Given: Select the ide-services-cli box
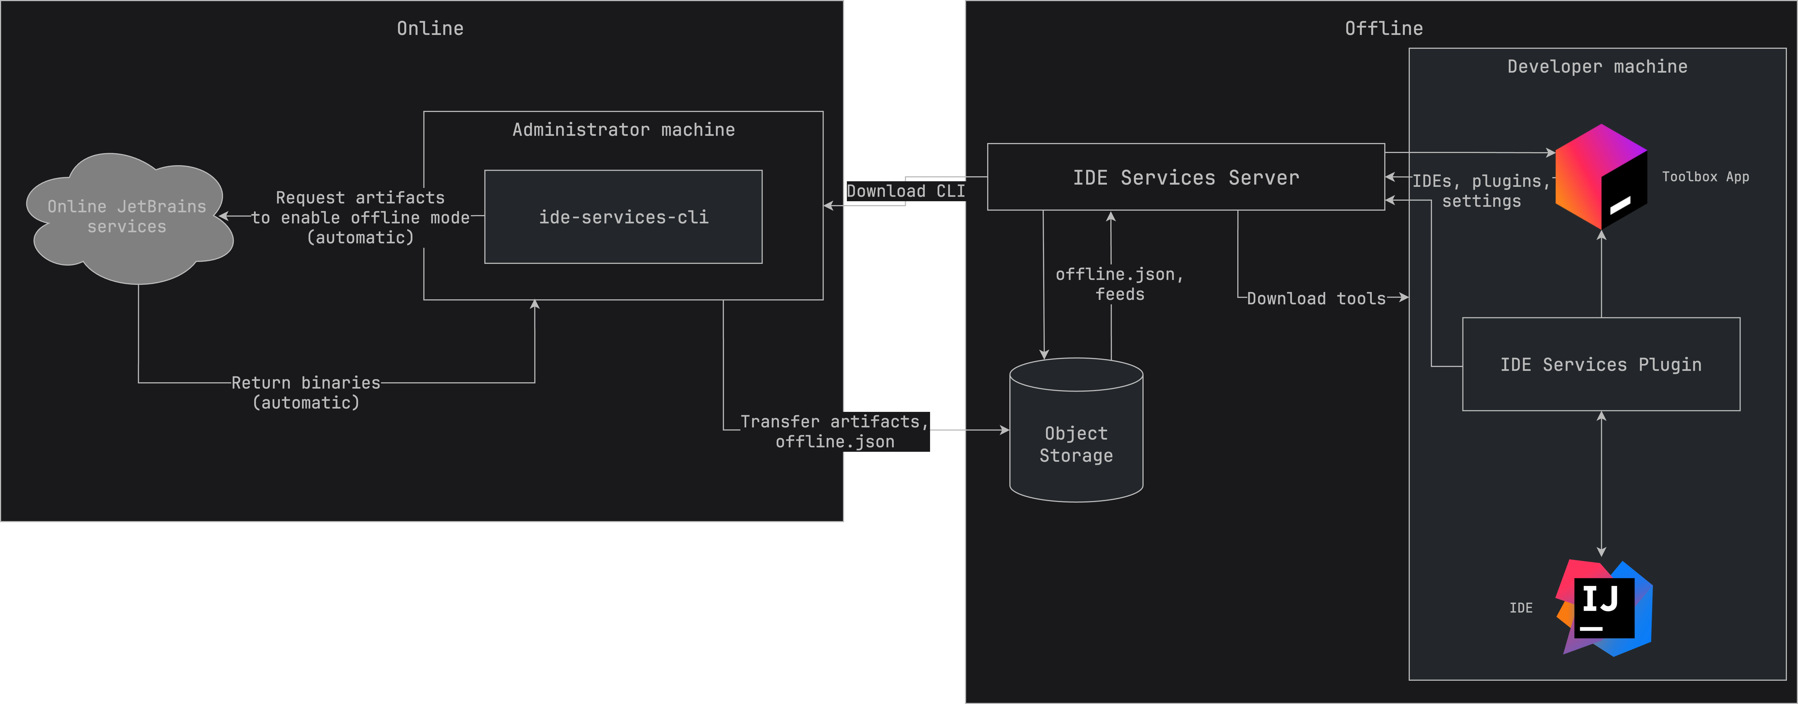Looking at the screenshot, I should coord(623,217).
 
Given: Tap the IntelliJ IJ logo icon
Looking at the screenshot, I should coord(1604,607).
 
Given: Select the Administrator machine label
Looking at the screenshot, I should coord(623,130).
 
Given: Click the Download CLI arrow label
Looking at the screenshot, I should coord(905,191).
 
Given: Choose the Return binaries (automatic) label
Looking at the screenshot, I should coord(306,392).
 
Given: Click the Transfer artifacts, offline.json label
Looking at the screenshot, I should coord(835,431).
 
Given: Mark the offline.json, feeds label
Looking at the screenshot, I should coord(1119,284).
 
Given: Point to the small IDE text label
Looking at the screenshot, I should coord(1521,608).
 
